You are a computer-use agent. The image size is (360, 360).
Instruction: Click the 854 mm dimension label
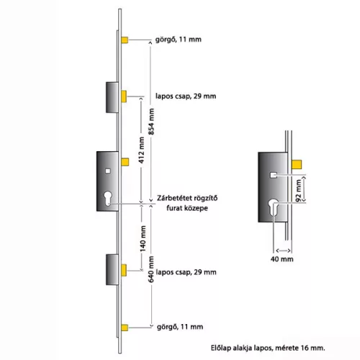point(152,121)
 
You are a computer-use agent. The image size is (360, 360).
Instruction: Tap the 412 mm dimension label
point(142,150)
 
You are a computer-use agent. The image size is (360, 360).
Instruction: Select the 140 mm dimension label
point(143,238)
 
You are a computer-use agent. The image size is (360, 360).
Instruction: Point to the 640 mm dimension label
point(151,269)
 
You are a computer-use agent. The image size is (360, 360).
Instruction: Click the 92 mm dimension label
point(298,191)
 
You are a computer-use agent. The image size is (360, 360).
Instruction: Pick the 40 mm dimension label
point(282,259)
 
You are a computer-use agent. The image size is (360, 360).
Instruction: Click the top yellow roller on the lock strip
point(125,40)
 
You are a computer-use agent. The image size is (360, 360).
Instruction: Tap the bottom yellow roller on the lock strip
point(125,328)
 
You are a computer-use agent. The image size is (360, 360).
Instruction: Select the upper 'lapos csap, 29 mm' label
point(186,96)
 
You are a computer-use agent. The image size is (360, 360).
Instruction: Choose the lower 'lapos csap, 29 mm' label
point(186,272)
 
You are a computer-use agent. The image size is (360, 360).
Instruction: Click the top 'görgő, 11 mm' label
point(179,40)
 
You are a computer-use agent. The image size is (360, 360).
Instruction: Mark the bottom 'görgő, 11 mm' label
point(180,327)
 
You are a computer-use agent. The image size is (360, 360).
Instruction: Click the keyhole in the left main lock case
point(108,198)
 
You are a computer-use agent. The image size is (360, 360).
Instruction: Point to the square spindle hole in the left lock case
point(108,171)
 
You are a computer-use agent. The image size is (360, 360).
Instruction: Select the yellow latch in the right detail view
point(297,164)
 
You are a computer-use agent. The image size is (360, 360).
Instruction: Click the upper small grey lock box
point(112,97)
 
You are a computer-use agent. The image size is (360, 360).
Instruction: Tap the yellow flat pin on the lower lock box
point(124,270)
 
